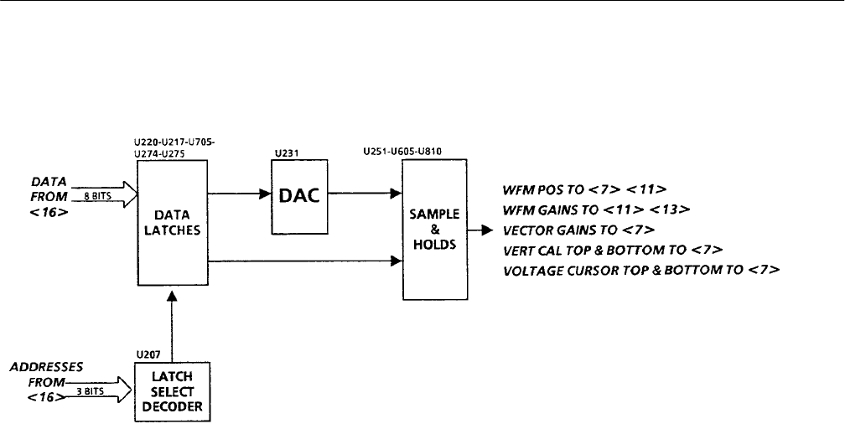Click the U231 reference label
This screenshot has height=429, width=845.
pyautogui.click(x=282, y=153)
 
